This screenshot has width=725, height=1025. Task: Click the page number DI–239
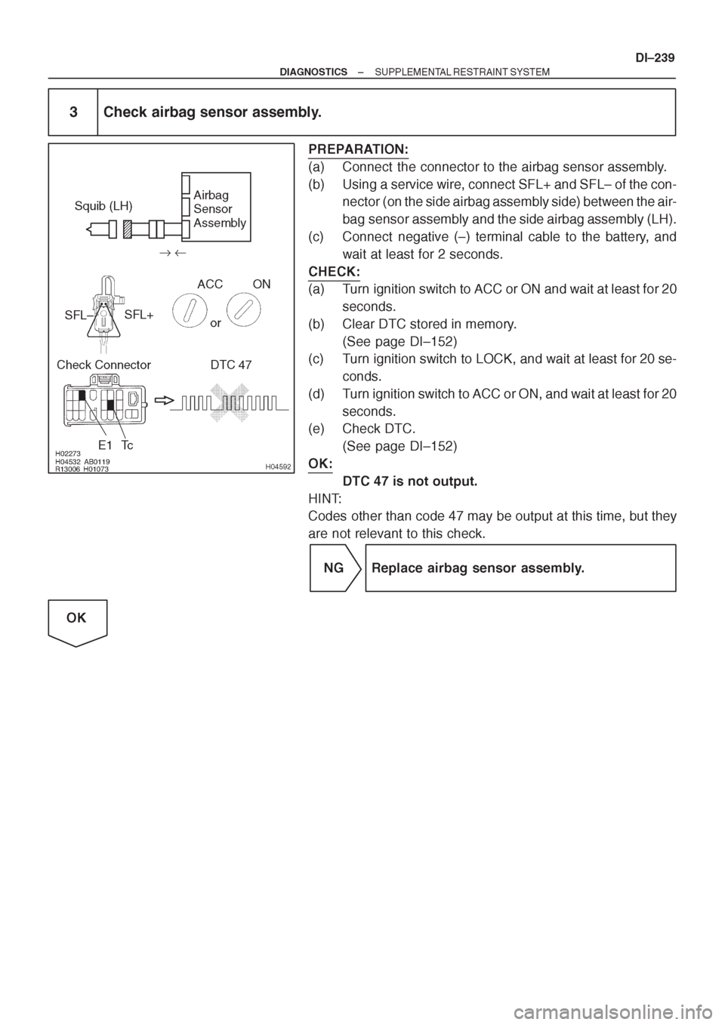pyautogui.click(x=655, y=58)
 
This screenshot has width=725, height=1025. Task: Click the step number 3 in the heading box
pyautogui.click(x=73, y=112)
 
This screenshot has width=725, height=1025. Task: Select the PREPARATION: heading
pyautogui.click(x=359, y=149)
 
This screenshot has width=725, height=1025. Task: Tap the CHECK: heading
pyautogui.click(x=334, y=272)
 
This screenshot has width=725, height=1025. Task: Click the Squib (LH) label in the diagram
pyautogui.click(x=103, y=206)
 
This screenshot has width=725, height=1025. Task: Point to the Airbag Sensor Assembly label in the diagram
pyautogui.click(x=220, y=208)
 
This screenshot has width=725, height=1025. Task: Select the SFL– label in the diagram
pyautogui.click(x=78, y=315)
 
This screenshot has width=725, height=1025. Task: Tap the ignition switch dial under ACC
pyautogui.click(x=190, y=310)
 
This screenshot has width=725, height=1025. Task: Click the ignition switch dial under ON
pyautogui.click(x=243, y=310)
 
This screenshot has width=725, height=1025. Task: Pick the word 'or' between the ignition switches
pyautogui.click(x=215, y=323)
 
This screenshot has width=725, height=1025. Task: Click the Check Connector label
pyautogui.click(x=104, y=365)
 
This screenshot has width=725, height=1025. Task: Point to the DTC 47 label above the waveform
pyautogui.click(x=230, y=365)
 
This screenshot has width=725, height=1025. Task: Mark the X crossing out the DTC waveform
pyautogui.click(x=230, y=403)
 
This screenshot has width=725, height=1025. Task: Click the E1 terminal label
pyautogui.click(x=105, y=445)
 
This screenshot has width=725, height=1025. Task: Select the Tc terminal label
pyautogui.click(x=128, y=445)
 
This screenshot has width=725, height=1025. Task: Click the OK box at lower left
pyautogui.click(x=77, y=623)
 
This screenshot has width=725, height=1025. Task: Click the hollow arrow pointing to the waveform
pyautogui.click(x=165, y=400)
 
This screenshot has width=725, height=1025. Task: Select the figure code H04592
pyautogui.click(x=278, y=466)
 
